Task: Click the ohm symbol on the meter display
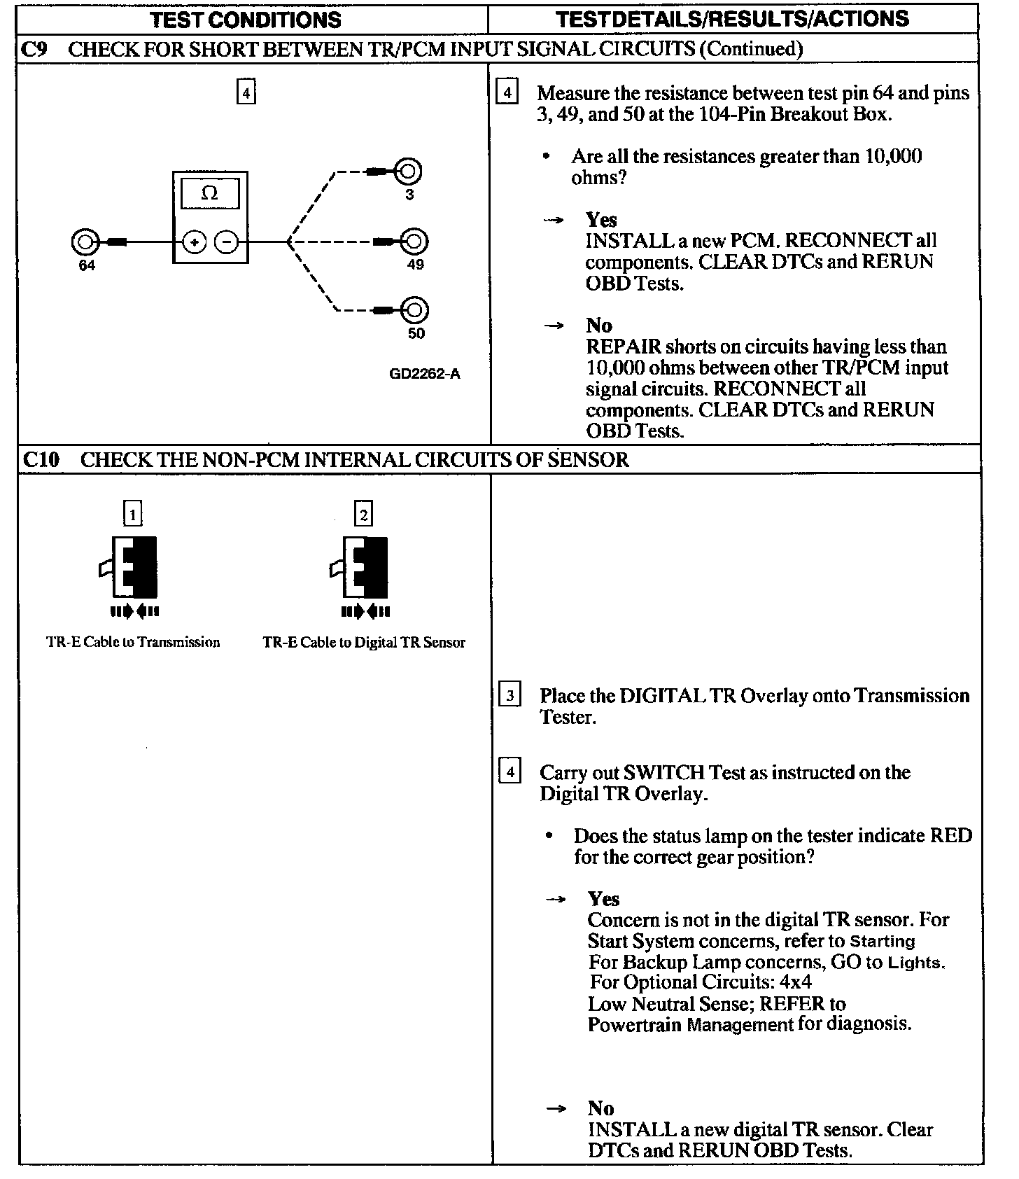click(209, 193)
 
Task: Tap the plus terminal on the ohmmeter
click(194, 242)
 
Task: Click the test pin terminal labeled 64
click(84, 242)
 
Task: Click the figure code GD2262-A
click(424, 374)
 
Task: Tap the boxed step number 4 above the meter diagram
click(246, 92)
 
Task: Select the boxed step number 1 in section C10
click(132, 515)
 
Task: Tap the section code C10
click(41, 460)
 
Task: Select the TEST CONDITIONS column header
click(246, 19)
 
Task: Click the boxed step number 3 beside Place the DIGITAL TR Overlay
click(509, 696)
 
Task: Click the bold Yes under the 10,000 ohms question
click(601, 220)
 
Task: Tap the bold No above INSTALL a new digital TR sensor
click(600, 1108)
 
